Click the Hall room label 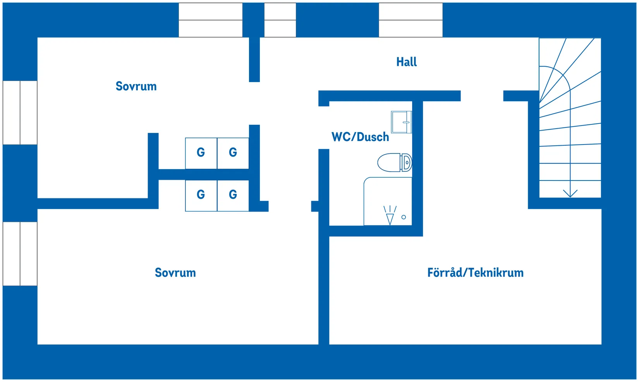coord(406,62)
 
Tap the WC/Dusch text coord(360,137)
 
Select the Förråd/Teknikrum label coord(475,273)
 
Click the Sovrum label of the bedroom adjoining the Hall coord(136,86)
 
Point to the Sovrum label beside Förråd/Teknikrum coord(175,273)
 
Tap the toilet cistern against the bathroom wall coord(406,163)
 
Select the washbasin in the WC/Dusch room coord(401,122)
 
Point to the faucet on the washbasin coord(406,122)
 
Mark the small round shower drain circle coord(404,217)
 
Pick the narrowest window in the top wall coord(280,20)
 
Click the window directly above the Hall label coord(411,20)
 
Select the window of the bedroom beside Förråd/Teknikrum coord(20,254)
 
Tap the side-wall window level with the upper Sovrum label coord(20,113)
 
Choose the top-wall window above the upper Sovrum coord(211,20)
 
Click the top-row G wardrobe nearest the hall coord(233,153)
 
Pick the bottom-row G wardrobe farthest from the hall coord(201,196)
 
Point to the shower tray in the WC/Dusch coord(388,201)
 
